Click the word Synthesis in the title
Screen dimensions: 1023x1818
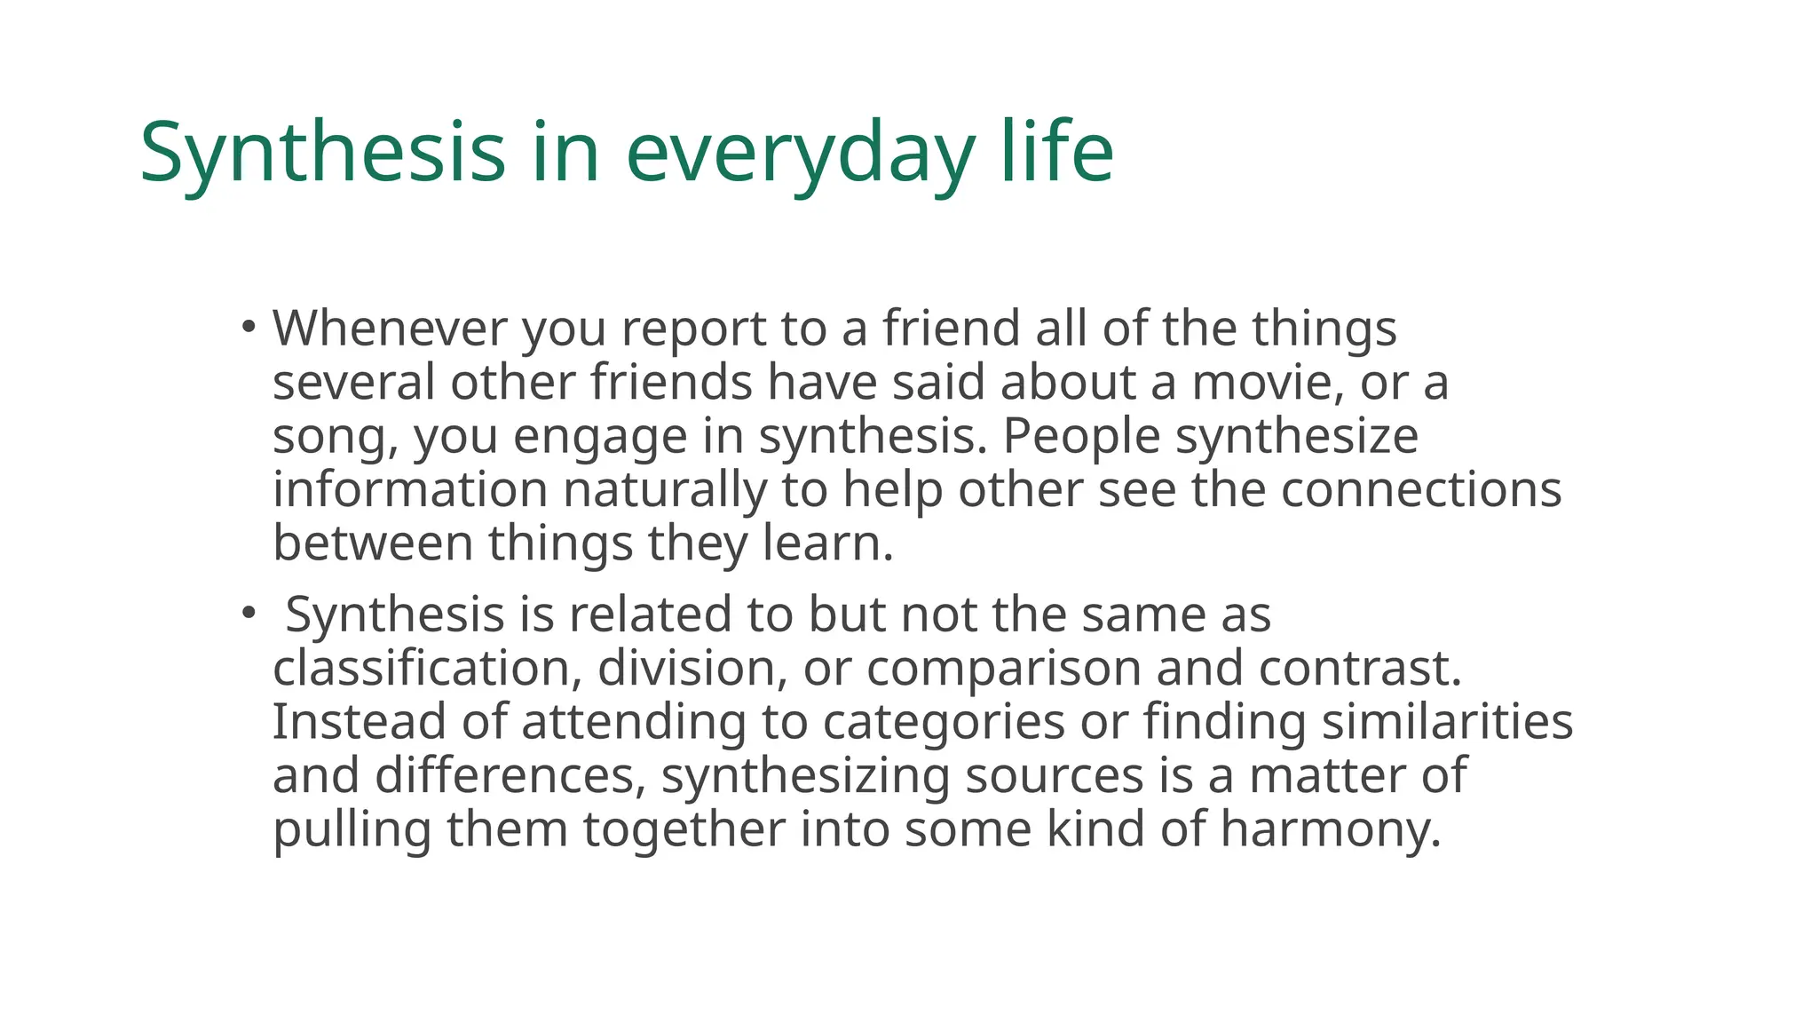pyautogui.click(x=322, y=153)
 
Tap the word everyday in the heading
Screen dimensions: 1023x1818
pyautogui.click(x=800, y=153)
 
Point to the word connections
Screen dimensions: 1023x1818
pyautogui.click(x=1420, y=490)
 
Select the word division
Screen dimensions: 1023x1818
pyautogui.click(x=692, y=668)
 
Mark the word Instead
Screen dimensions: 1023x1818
pyautogui.click(x=358, y=721)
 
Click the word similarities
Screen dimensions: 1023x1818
pyautogui.click(x=1447, y=721)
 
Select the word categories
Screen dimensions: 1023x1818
pyautogui.click(x=943, y=721)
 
